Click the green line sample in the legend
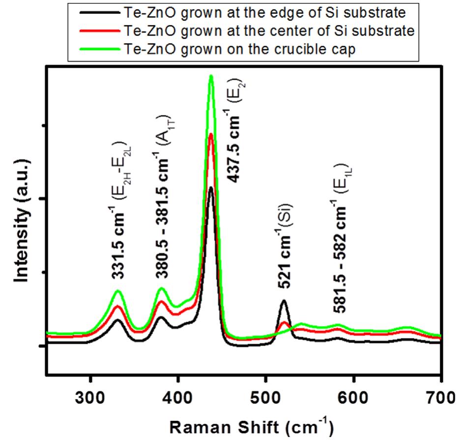click(x=102, y=50)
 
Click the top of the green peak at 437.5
click(x=211, y=76)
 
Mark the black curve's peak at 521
click(x=284, y=300)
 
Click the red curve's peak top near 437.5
click(x=211, y=134)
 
